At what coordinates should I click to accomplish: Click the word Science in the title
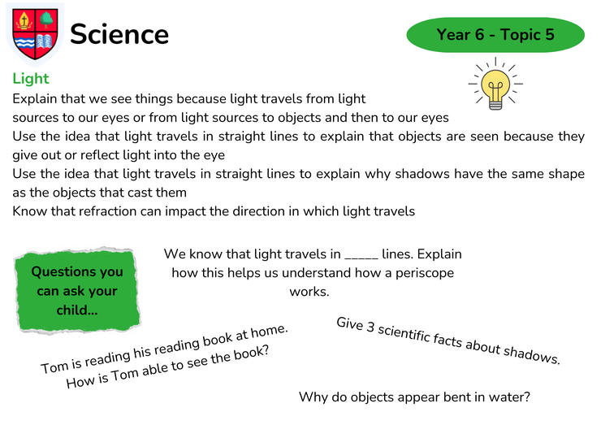tap(119, 34)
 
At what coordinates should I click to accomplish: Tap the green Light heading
tap(31, 79)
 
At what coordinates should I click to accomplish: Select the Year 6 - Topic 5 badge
tap(495, 34)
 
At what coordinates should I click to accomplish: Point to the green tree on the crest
tap(46, 20)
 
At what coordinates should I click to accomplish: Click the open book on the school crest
tap(45, 41)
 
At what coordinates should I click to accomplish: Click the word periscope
tap(425, 273)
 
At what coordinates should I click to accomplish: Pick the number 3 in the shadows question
tap(370, 327)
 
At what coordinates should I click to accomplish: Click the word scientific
tap(404, 333)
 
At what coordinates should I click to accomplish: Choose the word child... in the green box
tap(77, 310)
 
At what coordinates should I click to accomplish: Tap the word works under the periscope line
tap(309, 292)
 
